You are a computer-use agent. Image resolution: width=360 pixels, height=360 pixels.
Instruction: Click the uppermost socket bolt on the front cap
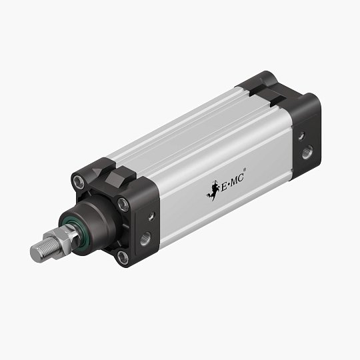tap(79, 179)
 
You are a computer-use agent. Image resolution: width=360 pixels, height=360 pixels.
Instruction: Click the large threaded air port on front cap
tap(145, 238)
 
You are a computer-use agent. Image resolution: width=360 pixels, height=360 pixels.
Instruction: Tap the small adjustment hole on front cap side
tap(151, 216)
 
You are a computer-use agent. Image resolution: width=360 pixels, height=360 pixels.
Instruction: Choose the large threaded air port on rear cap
tap(306, 153)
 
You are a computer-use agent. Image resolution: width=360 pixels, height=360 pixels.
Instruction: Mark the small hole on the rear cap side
tap(301, 135)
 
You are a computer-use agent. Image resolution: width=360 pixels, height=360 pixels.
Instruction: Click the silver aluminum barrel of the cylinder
tap(200, 147)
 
